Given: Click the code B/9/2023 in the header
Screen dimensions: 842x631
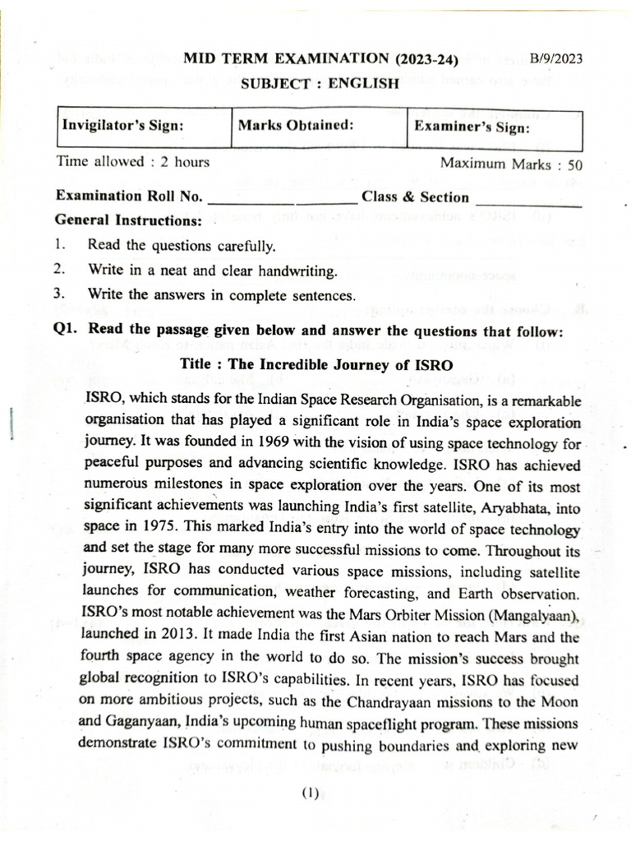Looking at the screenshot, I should pyautogui.click(x=556, y=59).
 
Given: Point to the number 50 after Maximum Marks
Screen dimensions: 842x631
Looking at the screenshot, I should pyautogui.click(x=575, y=163).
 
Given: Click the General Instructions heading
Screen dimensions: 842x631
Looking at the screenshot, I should pyautogui.click(x=128, y=220).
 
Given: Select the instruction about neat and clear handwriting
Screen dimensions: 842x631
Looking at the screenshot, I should pyautogui.click(x=212, y=270).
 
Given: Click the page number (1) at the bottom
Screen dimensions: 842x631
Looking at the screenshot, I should pyautogui.click(x=309, y=794).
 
